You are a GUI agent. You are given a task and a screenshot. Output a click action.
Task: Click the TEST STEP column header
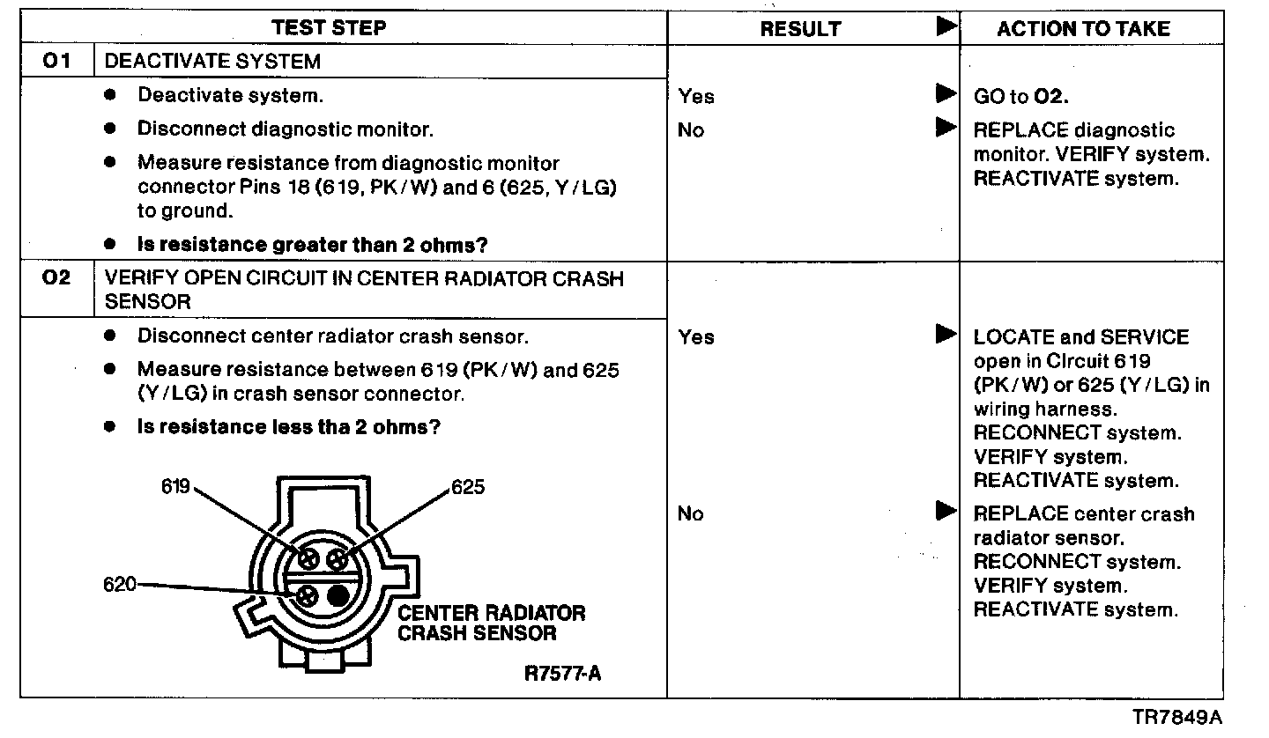(330, 28)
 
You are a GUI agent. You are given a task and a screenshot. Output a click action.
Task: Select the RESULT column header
(799, 29)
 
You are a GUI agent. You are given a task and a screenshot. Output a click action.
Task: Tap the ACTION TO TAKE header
(1083, 29)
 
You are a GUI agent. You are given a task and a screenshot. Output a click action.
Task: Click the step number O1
(56, 62)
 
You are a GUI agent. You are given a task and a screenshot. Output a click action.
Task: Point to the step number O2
(56, 278)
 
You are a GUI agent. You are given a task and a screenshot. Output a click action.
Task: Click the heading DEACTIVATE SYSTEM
(212, 62)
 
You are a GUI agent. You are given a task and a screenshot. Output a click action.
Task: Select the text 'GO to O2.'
(1020, 97)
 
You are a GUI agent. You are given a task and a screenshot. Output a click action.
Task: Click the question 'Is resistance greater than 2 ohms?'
(313, 245)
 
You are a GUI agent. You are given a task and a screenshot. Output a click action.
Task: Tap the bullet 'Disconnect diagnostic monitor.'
(285, 129)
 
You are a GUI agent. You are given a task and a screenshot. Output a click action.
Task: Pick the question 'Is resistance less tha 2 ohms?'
(289, 428)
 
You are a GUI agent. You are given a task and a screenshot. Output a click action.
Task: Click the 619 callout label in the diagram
(175, 486)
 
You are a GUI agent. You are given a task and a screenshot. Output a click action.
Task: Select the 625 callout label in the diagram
(467, 487)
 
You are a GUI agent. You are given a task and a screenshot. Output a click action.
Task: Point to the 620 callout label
(120, 584)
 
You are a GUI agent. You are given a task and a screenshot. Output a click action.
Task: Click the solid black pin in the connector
(338, 595)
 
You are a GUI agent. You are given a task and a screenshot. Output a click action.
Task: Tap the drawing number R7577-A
(563, 674)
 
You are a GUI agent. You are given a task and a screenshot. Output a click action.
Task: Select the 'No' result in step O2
(691, 514)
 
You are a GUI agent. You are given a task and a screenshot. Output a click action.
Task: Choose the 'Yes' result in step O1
(696, 97)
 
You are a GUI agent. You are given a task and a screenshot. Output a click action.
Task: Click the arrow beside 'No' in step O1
(946, 129)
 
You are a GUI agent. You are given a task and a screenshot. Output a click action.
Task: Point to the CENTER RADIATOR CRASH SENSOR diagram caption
(491, 623)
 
